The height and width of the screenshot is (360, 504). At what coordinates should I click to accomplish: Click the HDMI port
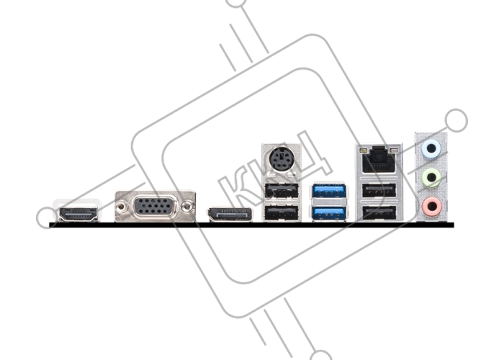78,215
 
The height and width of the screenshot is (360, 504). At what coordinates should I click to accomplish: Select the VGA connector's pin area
153,207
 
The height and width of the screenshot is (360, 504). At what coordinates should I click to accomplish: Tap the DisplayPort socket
230,215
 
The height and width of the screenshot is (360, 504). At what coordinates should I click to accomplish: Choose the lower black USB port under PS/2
282,213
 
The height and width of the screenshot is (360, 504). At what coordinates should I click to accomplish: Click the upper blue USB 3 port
328,192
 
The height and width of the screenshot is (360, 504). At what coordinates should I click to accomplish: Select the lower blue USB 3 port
328,213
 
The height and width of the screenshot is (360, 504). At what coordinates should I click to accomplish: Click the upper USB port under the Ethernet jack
379,192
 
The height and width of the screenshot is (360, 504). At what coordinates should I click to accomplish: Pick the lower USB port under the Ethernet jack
379,213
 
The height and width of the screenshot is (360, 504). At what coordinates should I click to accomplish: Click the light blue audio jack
431,149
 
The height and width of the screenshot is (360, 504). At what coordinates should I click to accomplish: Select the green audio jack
431,177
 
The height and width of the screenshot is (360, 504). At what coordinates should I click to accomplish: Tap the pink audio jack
431,206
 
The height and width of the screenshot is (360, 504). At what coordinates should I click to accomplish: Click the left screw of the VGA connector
120,207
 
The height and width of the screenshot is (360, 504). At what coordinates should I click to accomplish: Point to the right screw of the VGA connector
186,207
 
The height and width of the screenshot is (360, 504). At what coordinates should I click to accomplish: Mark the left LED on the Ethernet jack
363,150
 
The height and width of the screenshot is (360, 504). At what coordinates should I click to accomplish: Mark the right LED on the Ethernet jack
395,150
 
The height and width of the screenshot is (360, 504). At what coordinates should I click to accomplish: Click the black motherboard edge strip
251,225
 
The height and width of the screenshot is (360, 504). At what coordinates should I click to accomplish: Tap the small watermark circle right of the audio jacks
456,120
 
